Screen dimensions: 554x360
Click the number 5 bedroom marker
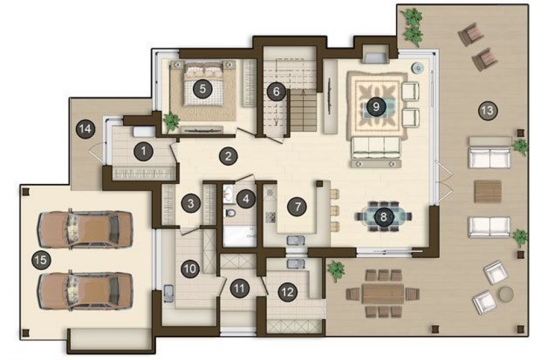click(202, 88)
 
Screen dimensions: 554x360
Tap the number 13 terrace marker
click(488, 111)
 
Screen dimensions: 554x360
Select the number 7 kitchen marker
click(297, 207)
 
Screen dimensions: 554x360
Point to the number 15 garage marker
click(41, 260)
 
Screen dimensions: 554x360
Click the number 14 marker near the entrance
click(85, 129)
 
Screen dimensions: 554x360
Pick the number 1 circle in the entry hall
click(143, 151)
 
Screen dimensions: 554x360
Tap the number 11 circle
click(239, 289)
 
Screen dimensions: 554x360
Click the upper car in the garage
click(85, 230)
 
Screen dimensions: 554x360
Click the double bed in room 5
click(204, 84)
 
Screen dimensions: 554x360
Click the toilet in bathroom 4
click(231, 213)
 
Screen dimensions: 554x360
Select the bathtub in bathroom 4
click(240, 236)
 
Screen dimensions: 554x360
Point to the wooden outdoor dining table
click(383, 293)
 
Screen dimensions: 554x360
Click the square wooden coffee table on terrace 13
click(488, 192)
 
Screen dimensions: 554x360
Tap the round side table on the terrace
click(505, 294)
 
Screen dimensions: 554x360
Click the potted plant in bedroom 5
click(172, 121)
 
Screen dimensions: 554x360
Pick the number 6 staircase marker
click(276, 92)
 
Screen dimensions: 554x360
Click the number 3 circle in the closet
click(191, 203)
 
